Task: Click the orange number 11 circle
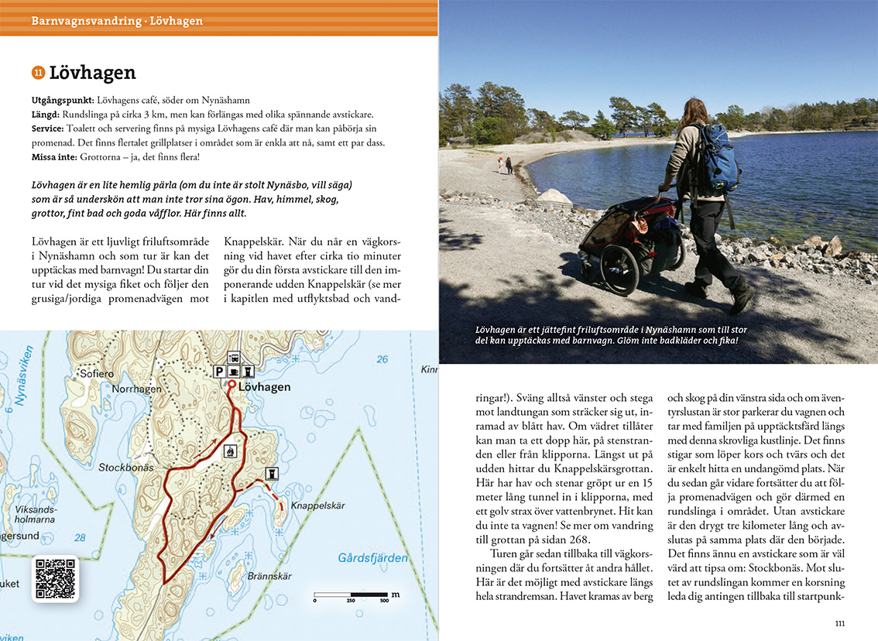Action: click(x=38, y=74)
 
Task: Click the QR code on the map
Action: click(x=55, y=579)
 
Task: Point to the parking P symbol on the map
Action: click(x=220, y=372)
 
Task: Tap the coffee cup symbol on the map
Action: click(x=234, y=372)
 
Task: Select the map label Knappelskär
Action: click(x=320, y=506)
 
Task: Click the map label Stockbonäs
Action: click(x=126, y=468)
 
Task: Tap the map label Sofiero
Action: click(x=97, y=373)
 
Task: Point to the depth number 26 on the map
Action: click(x=381, y=359)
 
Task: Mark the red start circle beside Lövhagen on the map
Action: click(x=231, y=384)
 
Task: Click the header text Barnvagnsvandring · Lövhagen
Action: click(x=117, y=21)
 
